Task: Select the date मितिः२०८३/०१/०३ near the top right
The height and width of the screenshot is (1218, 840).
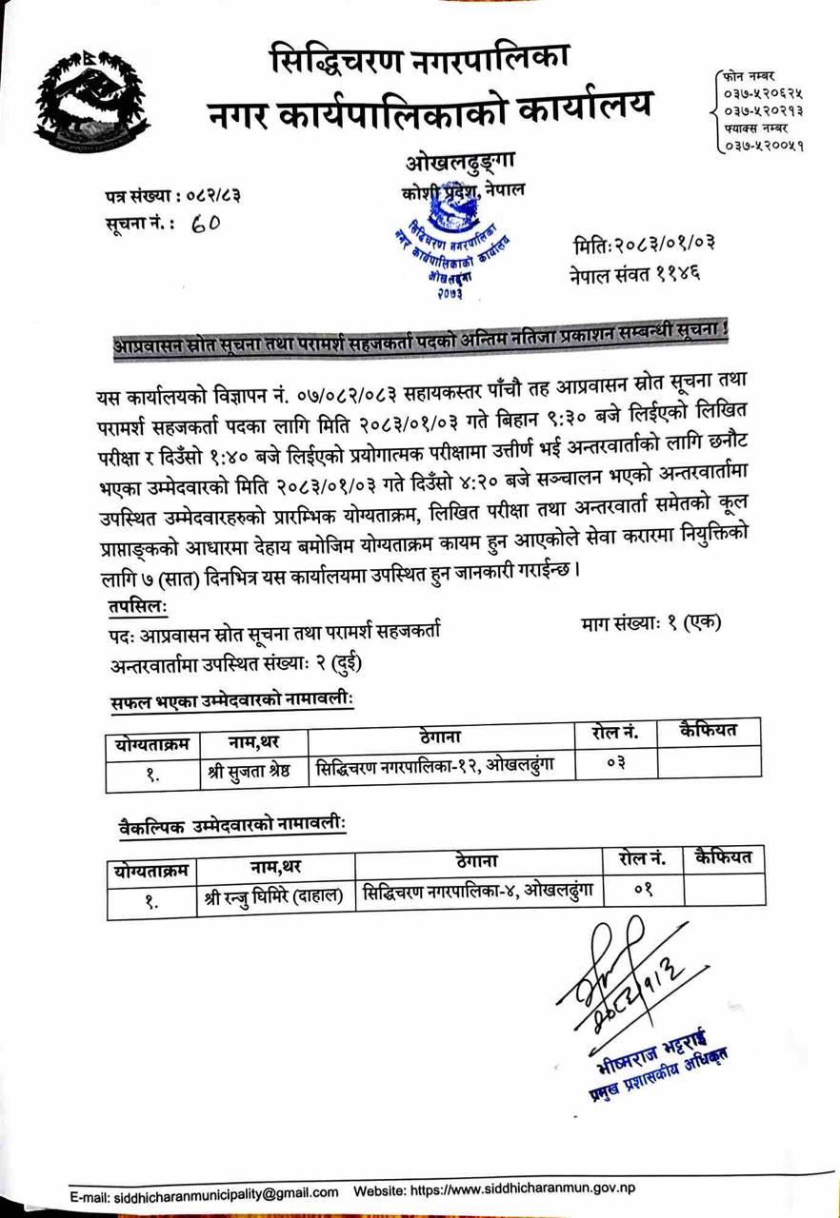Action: point(644,243)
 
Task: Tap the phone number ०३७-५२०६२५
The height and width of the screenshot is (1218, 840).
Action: point(763,93)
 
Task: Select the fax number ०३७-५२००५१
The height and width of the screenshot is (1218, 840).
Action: point(763,146)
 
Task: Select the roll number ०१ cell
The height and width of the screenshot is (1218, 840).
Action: point(641,892)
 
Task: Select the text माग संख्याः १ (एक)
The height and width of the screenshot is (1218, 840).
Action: point(650,624)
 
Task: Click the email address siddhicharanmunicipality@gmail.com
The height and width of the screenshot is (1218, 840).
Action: point(216,1191)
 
